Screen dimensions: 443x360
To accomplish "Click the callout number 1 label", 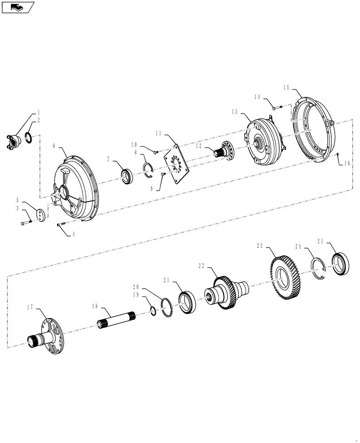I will (x=38, y=112).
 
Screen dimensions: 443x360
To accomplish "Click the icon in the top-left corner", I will (x=17, y=7).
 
